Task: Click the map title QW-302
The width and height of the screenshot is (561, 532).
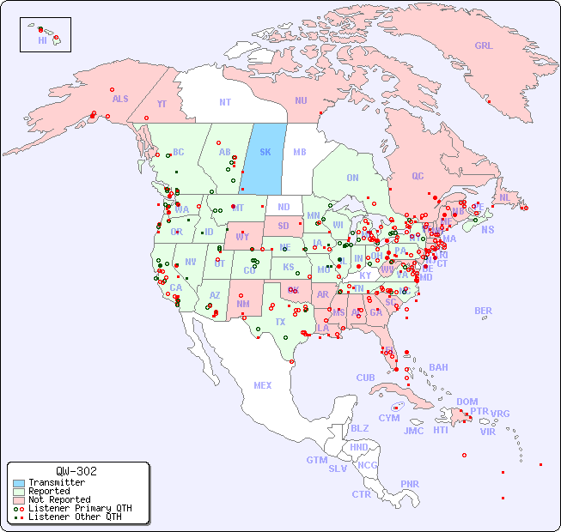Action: pyautogui.click(x=76, y=471)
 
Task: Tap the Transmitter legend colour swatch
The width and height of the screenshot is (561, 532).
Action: pyautogui.click(x=18, y=483)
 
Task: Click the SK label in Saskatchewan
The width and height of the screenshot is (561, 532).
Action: pyautogui.click(x=265, y=152)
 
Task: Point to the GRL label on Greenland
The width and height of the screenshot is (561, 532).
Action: pyautogui.click(x=484, y=46)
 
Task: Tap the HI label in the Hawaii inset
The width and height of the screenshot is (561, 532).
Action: pyautogui.click(x=42, y=40)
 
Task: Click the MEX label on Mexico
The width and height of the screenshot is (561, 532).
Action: pyautogui.click(x=263, y=385)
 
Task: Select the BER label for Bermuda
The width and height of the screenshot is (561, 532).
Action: pyautogui.click(x=484, y=311)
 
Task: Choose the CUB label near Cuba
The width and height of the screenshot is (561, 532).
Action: pyautogui.click(x=365, y=378)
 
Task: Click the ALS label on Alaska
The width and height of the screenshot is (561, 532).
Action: pyautogui.click(x=120, y=99)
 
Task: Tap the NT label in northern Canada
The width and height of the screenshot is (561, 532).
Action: pyautogui.click(x=225, y=102)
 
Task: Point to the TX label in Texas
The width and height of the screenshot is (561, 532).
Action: pyautogui.click(x=280, y=322)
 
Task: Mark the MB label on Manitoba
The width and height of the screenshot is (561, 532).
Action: pyautogui.click(x=300, y=152)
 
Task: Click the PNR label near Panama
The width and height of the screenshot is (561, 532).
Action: pyautogui.click(x=410, y=484)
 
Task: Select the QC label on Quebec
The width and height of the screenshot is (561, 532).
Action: pyautogui.click(x=418, y=176)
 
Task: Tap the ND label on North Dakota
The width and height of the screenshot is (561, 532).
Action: pyautogui.click(x=284, y=207)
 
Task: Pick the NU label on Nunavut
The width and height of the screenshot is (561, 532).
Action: pyautogui.click(x=301, y=100)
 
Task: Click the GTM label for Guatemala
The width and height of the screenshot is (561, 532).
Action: pyautogui.click(x=317, y=460)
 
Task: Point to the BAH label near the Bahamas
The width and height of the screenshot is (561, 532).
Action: pyautogui.click(x=438, y=367)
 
